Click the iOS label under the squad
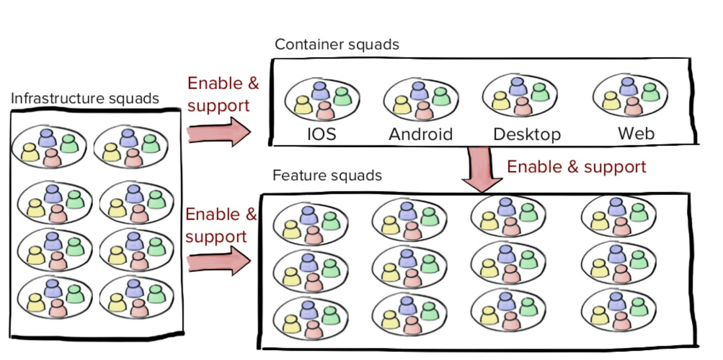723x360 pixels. pyautogui.click(x=321, y=134)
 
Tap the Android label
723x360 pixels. pyautogui.click(x=421, y=134)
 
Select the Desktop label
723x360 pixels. pyautogui.click(x=527, y=134)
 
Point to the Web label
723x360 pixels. pyautogui.click(x=636, y=133)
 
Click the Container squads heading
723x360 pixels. pyautogui.click(x=337, y=44)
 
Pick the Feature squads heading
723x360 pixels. pyautogui.click(x=327, y=175)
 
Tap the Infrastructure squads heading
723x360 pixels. pyautogui.click(x=85, y=98)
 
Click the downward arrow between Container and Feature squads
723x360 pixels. pyautogui.click(x=481, y=169)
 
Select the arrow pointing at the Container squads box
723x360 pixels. pyautogui.click(x=219, y=132)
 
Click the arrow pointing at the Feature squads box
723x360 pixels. pyautogui.click(x=219, y=262)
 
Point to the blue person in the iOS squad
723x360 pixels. pyautogui.click(x=320, y=90)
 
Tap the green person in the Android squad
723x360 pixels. pyautogui.click(x=441, y=96)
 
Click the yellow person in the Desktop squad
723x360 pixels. pyautogui.click(x=500, y=101)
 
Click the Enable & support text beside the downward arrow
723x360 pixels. pyautogui.click(x=576, y=167)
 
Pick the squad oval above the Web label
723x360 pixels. pyautogui.click(x=630, y=96)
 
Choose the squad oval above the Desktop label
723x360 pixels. pyautogui.click(x=520, y=96)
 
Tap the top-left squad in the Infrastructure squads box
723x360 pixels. pyautogui.click(x=49, y=146)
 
